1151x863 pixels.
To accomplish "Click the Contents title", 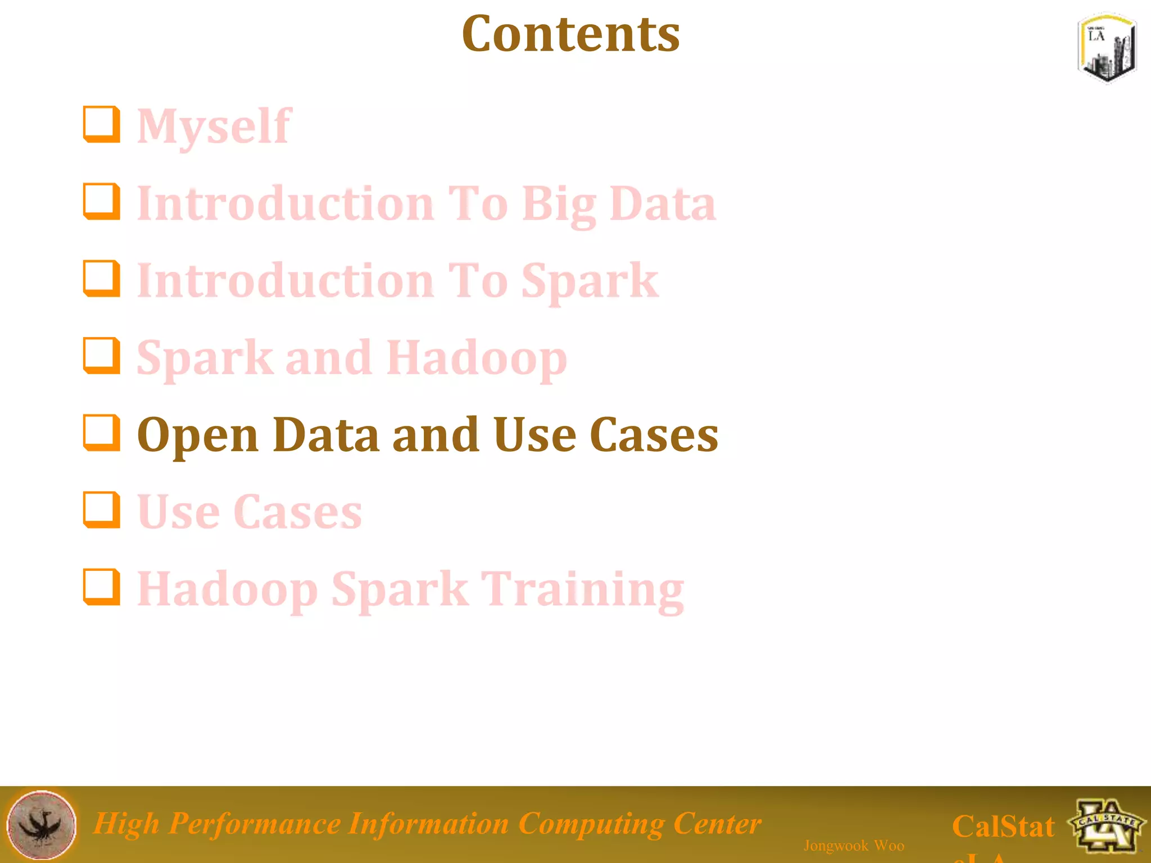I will coord(570,35).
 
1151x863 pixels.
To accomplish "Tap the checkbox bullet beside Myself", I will coord(102,125).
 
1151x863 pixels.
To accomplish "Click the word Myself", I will coord(214,127).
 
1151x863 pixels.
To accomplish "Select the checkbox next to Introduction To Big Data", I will coord(102,202).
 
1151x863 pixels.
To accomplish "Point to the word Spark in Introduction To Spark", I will coord(590,281).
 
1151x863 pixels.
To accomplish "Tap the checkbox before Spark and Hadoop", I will coord(102,356).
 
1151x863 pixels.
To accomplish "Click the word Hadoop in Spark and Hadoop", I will coord(477,358).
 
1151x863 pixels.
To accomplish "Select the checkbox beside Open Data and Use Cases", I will coord(102,433).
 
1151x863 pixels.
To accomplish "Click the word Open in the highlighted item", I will coord(197,436).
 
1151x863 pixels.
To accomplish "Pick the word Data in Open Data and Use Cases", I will coord(326,435).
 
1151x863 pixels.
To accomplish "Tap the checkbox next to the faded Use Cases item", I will coord(102,510).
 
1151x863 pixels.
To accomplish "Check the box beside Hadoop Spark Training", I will coord(102,588).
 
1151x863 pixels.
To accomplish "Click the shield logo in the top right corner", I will coord(1107,48).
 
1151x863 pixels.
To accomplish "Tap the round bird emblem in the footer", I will coord(41,825).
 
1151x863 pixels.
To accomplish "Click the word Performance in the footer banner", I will coord(254,824).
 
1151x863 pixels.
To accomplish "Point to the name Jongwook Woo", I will coord(854,845).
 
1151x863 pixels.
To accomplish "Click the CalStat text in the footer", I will coord(1003,826).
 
